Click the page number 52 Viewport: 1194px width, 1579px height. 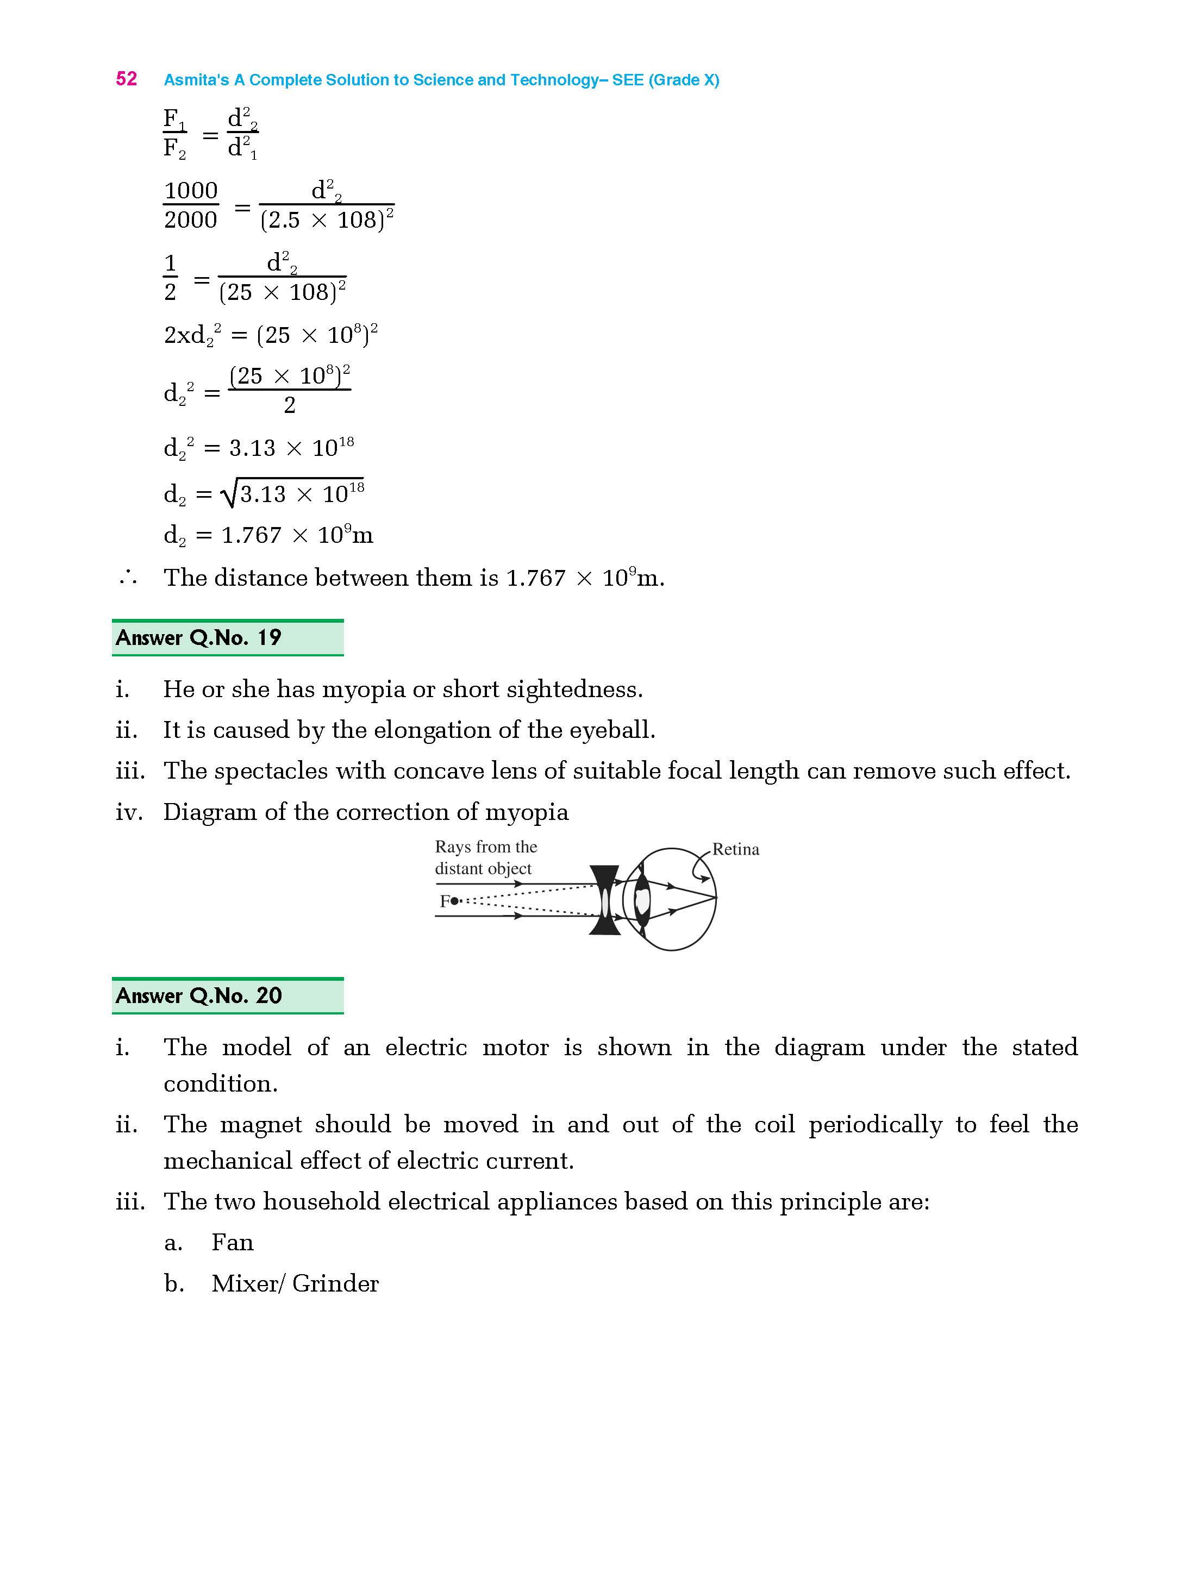pos(127,79)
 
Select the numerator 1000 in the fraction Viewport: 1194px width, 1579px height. pos(191,191)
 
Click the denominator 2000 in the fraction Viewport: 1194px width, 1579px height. pos(191,220)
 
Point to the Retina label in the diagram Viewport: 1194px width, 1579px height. pos(735,849)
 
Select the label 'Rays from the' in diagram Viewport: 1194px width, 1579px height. pos(486,847)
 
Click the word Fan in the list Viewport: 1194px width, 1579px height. pos(232,1243)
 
